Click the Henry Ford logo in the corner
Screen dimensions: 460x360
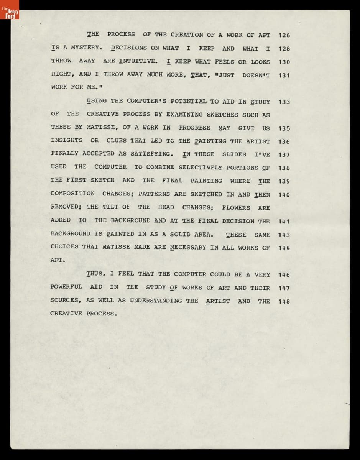tap(10, 15)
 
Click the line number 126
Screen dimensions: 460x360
tap(284, 35)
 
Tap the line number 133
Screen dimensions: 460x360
tap(284, 102)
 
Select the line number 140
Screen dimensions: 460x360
tap(284, 195)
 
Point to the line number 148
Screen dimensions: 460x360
tap(284, 301)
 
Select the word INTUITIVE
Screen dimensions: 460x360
tap(138, 61)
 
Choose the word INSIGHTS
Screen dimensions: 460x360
tap(66, 140)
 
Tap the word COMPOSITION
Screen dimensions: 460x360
tap(72, 194)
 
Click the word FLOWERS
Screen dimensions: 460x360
tap(236, 208)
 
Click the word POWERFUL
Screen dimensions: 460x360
tap(66, 287)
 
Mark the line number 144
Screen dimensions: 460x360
tap(284, 248)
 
